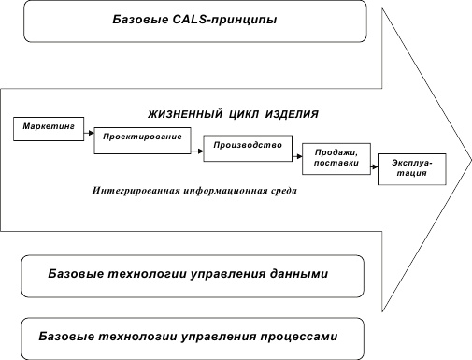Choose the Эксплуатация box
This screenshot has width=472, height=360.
click(x=412, y=168)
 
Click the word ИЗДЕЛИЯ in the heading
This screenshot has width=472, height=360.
click(x=293, y=113)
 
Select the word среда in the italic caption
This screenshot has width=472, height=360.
click(x=279, y=191)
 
